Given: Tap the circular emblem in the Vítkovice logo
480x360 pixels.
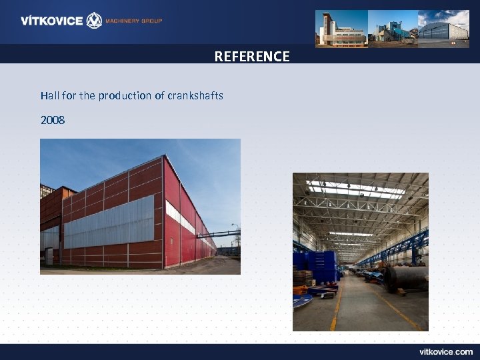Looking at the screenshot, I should pos(95,21).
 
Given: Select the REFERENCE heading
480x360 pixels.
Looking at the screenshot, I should pos(252,57).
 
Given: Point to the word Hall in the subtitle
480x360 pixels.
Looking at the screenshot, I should pos(49,95).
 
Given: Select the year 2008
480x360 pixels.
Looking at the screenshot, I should pos(53,120).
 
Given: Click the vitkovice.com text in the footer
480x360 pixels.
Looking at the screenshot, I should pos(446,351).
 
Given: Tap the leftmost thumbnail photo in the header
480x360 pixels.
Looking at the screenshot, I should pos(341,28).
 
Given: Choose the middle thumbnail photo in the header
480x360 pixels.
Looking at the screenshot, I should pos(392,28).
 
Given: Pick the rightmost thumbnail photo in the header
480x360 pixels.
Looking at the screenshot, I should pos(443,28).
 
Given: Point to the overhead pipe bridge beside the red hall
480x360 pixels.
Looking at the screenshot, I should pos(224,233).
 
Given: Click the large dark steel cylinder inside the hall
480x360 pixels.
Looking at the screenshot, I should pos(407,277).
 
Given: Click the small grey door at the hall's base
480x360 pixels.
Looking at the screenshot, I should pos(49,256).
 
